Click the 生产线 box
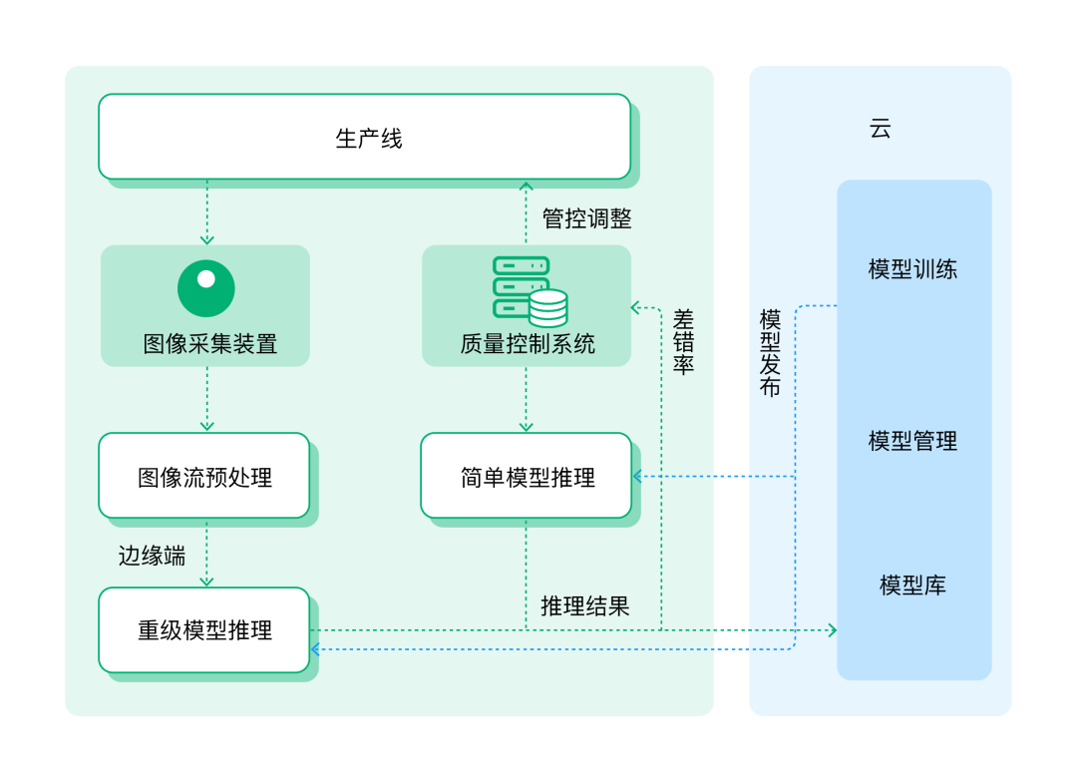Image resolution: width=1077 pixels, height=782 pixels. coord(365,137)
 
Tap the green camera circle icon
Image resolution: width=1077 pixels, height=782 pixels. coord(206,288)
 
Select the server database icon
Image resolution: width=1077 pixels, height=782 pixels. coord(530,291)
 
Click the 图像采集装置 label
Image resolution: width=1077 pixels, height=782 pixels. coord(210,343)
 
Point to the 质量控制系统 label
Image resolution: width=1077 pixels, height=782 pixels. coord(528,343)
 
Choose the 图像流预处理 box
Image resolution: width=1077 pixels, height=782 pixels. coord(204,476)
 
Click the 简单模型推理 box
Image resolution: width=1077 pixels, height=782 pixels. coord(527,476)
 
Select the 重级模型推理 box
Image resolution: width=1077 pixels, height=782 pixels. coord(204,630)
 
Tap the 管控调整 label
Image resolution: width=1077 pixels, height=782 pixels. coord(586,218)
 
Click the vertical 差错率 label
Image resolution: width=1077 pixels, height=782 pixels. coord(683,341)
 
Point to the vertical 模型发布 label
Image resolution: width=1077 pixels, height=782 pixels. coord(770,352)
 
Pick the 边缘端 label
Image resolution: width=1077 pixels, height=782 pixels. coord(152,556)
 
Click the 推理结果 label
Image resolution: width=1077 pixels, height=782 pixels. coord(585,606)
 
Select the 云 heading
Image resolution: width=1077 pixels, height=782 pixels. coord(880,129)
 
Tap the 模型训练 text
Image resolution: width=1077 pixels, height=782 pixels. coord(912,268)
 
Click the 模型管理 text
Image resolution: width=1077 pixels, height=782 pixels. coord(912,441)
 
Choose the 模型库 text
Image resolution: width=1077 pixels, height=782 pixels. coord(912,585)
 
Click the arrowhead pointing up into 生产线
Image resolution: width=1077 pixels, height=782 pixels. coord(527,186)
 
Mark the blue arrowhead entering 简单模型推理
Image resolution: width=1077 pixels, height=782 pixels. coord(637,476)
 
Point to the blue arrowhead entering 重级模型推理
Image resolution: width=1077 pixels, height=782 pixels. coord(315,648)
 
